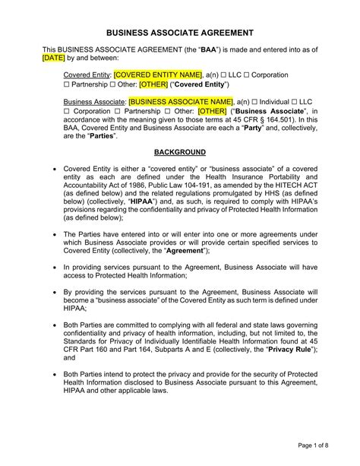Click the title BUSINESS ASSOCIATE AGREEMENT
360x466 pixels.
pyautogui.click(x=179, y=34)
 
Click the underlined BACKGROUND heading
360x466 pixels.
pyautogui.click(x=179, y=153)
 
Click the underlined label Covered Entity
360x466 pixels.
pyautogui.click(x=87, y=75)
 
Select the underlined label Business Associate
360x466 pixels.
pyautogui.click(x=93, y=101)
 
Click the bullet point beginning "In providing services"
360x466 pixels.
pyautogui.click(x=52, y=268)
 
